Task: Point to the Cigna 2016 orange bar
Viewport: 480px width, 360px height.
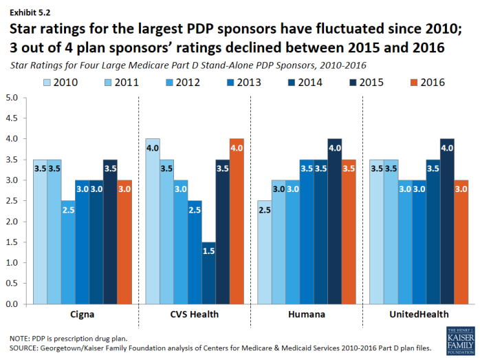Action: pyautogui.click(x=124, y=242)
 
